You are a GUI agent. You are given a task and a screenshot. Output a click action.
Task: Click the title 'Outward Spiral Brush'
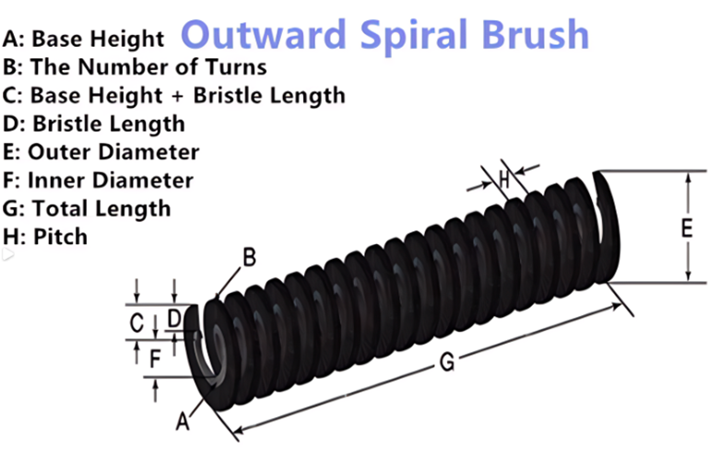(385, 35)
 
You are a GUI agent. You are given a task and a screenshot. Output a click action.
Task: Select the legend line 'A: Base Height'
(83, 39)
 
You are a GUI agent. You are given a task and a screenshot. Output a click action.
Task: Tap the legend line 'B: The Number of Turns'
(135, 67)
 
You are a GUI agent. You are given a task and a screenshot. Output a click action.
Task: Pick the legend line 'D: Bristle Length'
(94, 124)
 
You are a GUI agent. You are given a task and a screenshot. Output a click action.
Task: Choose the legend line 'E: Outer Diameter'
(100, 152)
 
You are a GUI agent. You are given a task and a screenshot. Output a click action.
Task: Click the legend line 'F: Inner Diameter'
(98, 181)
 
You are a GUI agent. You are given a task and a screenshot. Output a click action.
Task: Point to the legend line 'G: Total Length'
(87, 209)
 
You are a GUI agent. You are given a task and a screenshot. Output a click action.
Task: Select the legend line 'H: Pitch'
(44, 237)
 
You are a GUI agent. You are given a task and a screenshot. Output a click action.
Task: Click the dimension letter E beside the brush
(687, 228)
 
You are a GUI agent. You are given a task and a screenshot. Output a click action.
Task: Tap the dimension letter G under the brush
(447, 362)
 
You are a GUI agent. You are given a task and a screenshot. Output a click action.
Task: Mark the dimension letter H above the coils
(504, 180)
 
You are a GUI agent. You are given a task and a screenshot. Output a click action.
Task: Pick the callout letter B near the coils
(249, 257)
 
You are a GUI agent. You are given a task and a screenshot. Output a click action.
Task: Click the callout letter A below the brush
(182, 422)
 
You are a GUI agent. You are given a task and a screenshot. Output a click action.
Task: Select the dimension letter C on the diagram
(136, 323)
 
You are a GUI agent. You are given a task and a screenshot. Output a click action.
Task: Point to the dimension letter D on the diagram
(174, 319)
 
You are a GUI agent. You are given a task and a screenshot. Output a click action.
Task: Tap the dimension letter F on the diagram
(155, 359)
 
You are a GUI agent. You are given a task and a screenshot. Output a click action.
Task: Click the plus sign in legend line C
(178, 97)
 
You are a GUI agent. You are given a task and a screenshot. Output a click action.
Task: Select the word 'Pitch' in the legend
(61, 237)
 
